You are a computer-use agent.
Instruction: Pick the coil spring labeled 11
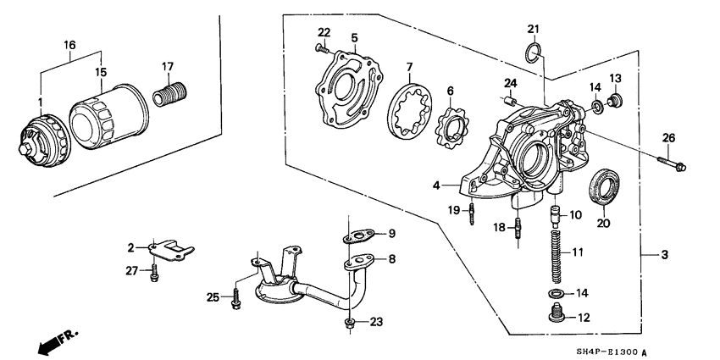tap(556, 255)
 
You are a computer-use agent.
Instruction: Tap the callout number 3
tap(666, 255)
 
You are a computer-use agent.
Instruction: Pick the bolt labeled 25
tap(234, 298)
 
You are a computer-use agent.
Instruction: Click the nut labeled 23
tap(349, 323)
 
